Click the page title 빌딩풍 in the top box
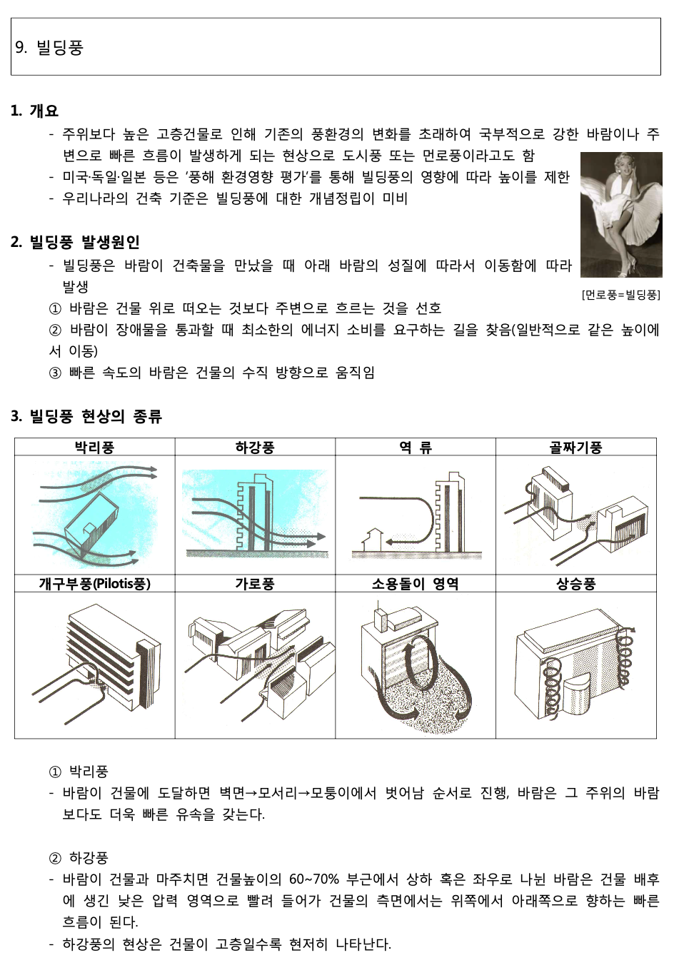[59, 47]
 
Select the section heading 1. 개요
[34, 111]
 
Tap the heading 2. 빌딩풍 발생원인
[75, 242]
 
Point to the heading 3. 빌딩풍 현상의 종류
[86, 416]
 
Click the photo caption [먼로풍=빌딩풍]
[620, 295]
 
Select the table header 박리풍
[94, 448]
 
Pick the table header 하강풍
[255, 448]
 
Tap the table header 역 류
[415, 448]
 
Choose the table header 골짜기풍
[575, 448]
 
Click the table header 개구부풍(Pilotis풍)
[94, 584]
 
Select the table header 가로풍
[255, 584]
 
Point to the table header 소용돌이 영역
[415, 584]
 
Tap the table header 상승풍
[575, 584]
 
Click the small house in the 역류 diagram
[372, 540]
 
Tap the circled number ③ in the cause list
[55, 373]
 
